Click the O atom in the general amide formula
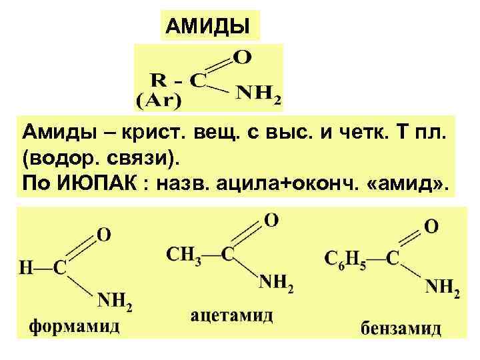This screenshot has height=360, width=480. pyautogui.click(x=243, y=57)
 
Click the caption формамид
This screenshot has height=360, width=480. pyautogui.click(x=74, y=326)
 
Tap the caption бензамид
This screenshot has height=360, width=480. pyautogui.click(x=401, y=329)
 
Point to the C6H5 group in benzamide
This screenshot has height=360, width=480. pyautogui.click(x=345, y=257)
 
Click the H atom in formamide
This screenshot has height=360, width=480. pyautogui.click(x=26, y=268)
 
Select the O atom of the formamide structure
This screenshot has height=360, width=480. pyautogui.click(x=105, y=235)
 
